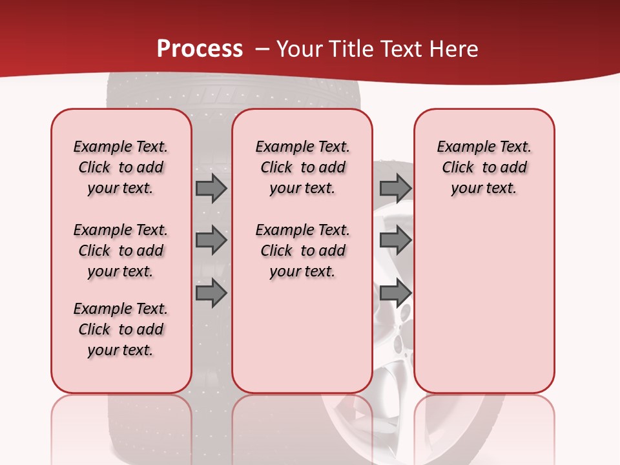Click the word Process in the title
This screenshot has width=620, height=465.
200,48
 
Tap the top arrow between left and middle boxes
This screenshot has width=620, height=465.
211,188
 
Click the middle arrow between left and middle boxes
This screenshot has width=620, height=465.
211,240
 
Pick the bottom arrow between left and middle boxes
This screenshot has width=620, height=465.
211,293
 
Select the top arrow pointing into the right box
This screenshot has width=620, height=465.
395,188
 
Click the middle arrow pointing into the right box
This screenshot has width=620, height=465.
395,240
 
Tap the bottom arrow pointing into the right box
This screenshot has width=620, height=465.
395,293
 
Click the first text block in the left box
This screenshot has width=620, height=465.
121,167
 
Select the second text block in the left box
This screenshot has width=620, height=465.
121,251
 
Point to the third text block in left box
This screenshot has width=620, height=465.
121,329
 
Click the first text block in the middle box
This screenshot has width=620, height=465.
302,167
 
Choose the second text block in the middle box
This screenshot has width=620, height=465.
302,251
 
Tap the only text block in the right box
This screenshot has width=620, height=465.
484,167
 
